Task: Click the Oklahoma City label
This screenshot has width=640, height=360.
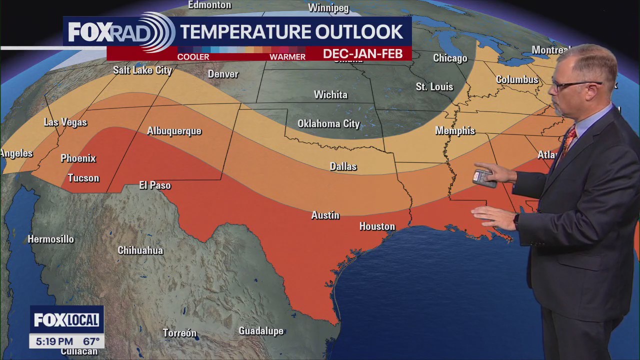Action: coord(328,123)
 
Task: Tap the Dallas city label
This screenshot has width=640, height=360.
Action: coord(343,166)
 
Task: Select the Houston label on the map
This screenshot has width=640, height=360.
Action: coord(377,226)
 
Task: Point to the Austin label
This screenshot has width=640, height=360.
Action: coord(325,215)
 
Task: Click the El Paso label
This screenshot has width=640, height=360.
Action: coord(155,185)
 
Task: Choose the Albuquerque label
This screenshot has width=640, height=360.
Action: coord(174,131)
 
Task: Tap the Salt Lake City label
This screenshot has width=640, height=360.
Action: coord(142,70)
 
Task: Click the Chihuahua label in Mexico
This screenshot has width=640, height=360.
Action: coord(140,250)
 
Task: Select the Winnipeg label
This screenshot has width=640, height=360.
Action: coord(328,8)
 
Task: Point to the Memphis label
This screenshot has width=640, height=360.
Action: coord(455,130)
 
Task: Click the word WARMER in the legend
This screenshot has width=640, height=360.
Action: coord(287,57)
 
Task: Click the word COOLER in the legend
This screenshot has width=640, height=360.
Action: coord(193,57)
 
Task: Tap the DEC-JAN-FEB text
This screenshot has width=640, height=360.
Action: coord(362,54)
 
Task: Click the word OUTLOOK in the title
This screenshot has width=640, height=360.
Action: coord(358,32)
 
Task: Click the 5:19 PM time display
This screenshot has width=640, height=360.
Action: coord(51,341)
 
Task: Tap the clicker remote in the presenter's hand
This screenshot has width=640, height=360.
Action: coord(484,177)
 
